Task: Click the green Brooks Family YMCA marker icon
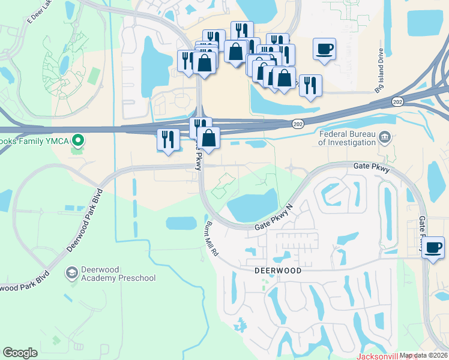pyautogui.click(x=77, y=142)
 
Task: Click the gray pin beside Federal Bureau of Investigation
pyautogui.click(x=385, y=139)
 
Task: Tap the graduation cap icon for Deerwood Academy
pyautogui.click(x=72, y=274)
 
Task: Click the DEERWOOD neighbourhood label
pyautogui.click(x=277, y=271)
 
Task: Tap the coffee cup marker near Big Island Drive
pyautogui.click(x=324, y=49)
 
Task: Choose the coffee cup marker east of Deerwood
pyautogui.click(x=433, y=247)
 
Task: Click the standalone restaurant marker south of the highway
pyautogui.click(x=167, y=140)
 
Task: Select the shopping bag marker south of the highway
pyautogui.click(x=208, y=139)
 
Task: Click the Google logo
pyautogui.click(x=20, y=353)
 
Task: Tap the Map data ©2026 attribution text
pyautogui.click(x=423, y=356)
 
